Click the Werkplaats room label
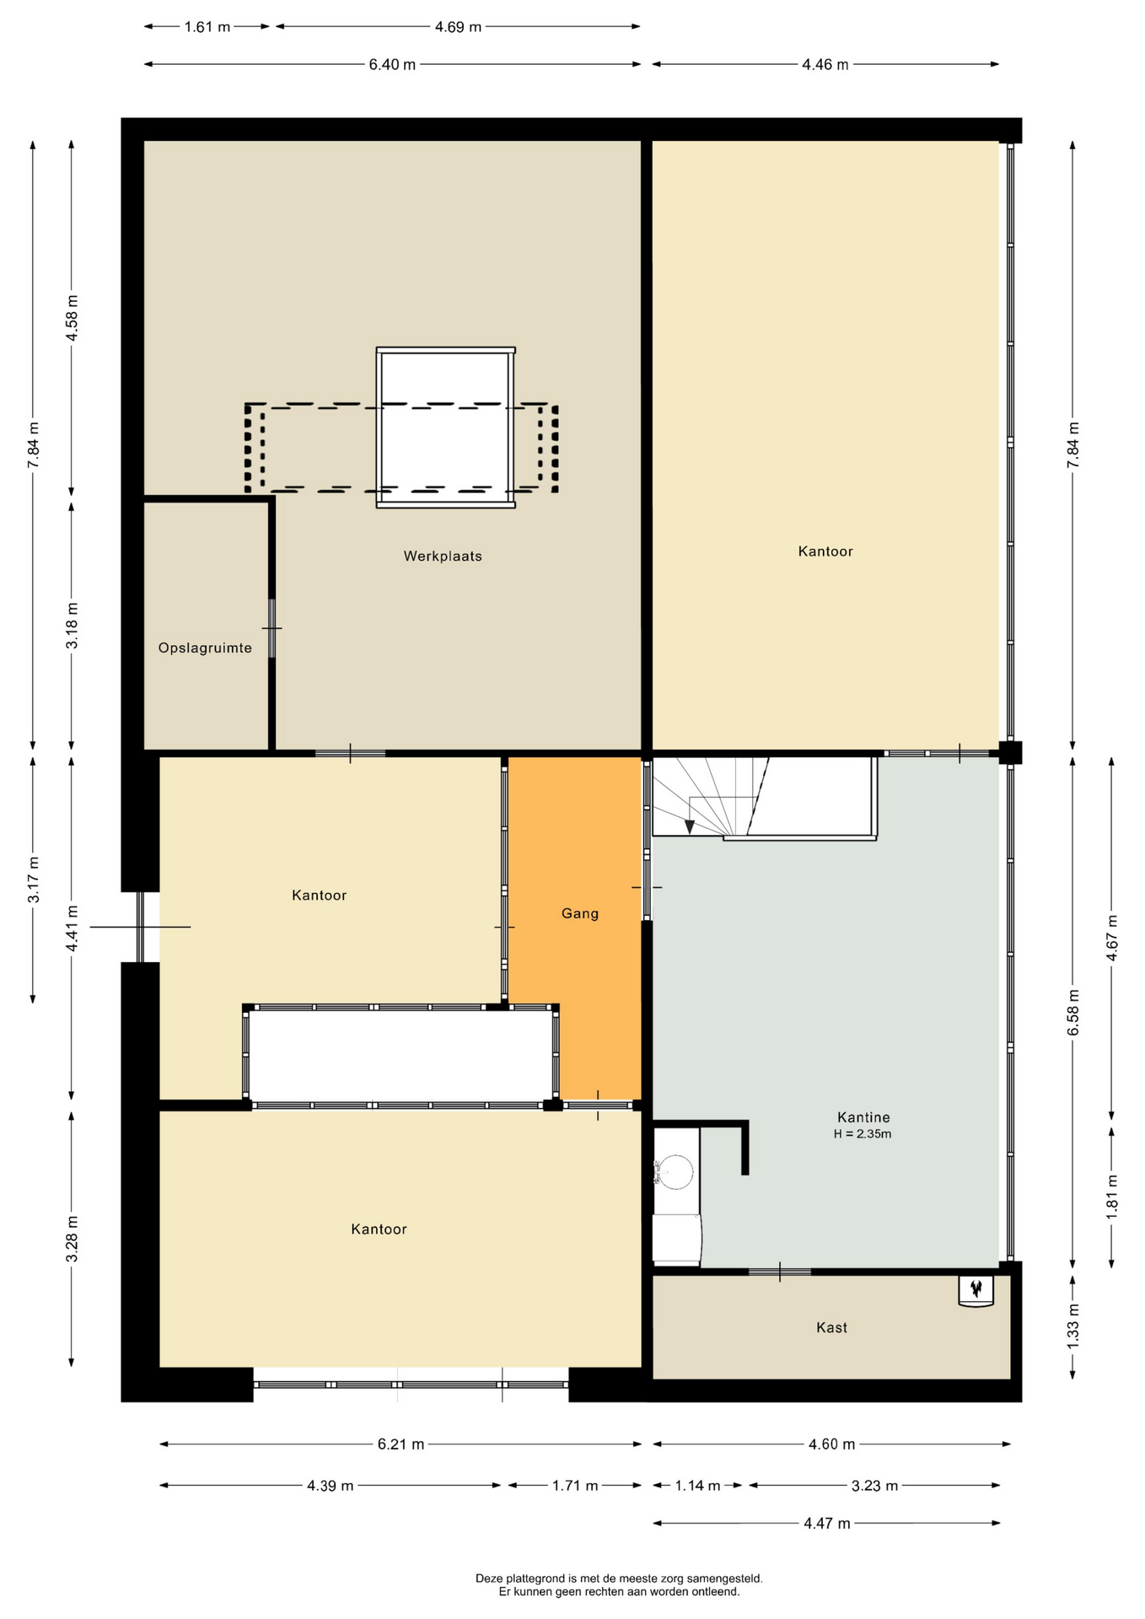(x=443, y=557)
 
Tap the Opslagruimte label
(x=205, y=648)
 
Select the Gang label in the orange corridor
(x=580, y=913)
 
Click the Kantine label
(x=863, y=1117)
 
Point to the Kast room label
(x=831, y=1327)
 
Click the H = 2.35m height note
(x=863, y=1134)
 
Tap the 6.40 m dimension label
(x=392, y=65)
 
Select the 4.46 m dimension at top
(x=825, y=65)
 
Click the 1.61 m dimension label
(x=207, y=27)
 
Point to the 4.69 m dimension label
(x=458, y=27)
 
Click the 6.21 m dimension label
(x=400, y=1444)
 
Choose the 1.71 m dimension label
(x=575, y=1486)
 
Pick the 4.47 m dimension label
(x=826, y=1523)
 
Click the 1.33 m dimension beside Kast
(x=1073, y=1326)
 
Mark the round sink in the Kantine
(x=675, y=1171)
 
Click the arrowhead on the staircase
(x=690, y=827)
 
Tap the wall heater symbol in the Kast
(x=976, y=1290)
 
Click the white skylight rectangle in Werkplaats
(x=445, y=428)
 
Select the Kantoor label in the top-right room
(x=825, y=551)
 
